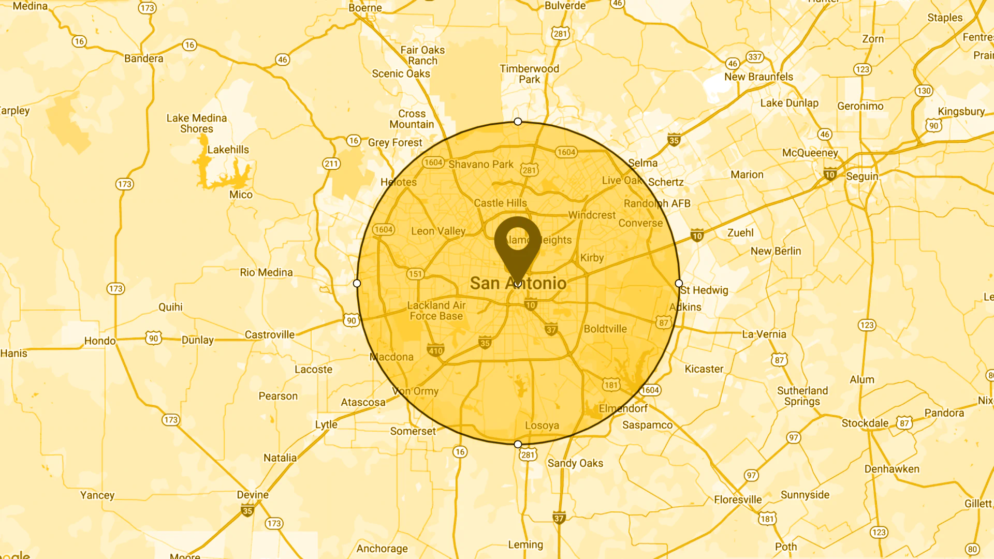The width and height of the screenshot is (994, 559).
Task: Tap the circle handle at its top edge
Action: [x=518, y=122]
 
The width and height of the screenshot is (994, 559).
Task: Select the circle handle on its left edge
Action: [x=357, y=283]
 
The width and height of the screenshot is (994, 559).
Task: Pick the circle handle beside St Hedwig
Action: [x=679, y=283]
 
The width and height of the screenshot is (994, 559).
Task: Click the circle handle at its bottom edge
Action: [x=518, y=444]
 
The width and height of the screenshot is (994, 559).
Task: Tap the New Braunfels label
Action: [x=758, y=77]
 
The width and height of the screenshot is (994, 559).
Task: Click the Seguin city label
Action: [x=862, y=176]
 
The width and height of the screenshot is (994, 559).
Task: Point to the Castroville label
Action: [x=269, y=334]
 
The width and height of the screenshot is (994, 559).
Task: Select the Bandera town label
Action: [x=143, y=58]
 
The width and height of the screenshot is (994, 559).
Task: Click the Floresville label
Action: [x=738, y=499]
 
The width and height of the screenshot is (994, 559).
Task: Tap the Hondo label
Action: [x=100, y=341]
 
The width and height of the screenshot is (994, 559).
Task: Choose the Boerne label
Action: [x=365, y=8]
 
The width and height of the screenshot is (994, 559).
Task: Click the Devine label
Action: [x=253, y=494]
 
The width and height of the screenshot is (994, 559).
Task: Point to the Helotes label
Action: [x=399, y=182]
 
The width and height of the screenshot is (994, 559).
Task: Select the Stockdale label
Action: [x=865, y=423]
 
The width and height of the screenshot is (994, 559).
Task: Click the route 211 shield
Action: [x=331, y=164]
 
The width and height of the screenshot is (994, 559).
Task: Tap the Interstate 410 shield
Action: [x=435, y=350]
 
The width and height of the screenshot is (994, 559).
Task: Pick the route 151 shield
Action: [x=415, y=274]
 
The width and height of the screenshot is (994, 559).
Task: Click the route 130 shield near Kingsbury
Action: [x=924, y=91]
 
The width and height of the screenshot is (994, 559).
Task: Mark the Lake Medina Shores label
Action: [x=197, y=123]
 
